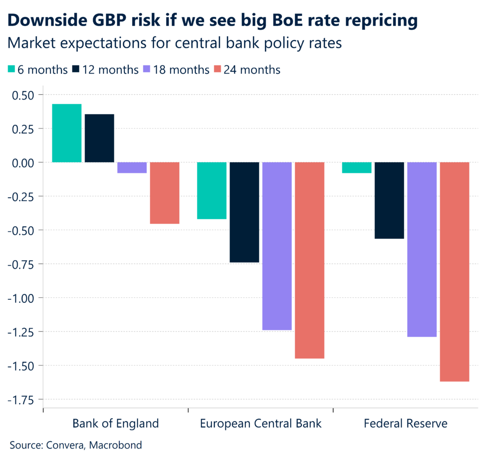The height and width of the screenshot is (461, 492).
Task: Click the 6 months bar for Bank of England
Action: tap(67, 133)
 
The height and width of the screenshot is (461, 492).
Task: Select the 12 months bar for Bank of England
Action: tap(99, 138)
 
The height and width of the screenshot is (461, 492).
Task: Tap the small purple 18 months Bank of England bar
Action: tap(132, 167)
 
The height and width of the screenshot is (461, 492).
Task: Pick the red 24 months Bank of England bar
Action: tap(165, 193)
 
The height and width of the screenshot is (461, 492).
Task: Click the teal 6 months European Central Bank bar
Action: tap(212, 191)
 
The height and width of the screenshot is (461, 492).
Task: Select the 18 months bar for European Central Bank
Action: tap(277, 246)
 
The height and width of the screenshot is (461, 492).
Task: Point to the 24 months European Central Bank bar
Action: tap(310, 260)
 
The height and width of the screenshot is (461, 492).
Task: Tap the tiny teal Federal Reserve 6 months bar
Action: tap(357, 167)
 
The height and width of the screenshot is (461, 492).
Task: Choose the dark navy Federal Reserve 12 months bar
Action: tap(390, 200)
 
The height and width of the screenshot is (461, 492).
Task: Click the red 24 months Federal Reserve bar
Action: tap(455, 272)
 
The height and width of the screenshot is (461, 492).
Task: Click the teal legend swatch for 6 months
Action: tap(12, 70)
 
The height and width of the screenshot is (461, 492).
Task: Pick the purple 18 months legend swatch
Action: tap(148, 70)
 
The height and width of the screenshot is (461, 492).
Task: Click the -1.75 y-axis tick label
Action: tap(23, 399)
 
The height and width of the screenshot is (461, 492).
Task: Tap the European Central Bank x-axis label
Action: tap(260, 423)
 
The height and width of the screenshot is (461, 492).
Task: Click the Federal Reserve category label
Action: tap(406, 423)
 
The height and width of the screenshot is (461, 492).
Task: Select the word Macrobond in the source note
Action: tap(118, 445)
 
